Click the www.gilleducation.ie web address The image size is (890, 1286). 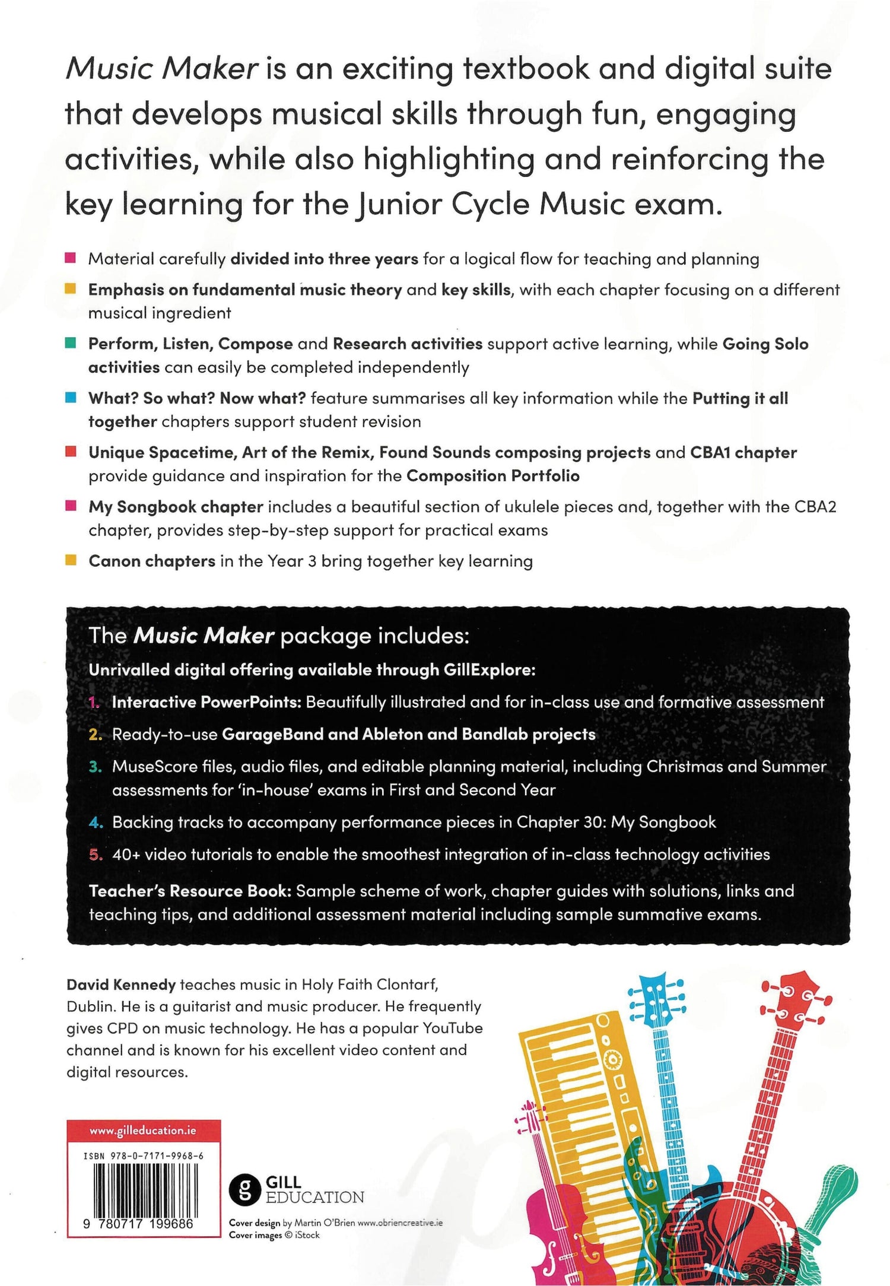click(x=142, y=1131)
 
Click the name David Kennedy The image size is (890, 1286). click(x=121, y=985)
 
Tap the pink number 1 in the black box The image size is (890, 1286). click(x=94, y=702)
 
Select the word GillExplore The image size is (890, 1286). click(x=489, y=670)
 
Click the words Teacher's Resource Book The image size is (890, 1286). click(x=190, y=891)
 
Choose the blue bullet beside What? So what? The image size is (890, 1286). click(x=71, y=398)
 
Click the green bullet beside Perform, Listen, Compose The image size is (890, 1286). click(x=71, y=344)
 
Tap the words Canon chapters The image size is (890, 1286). click(x=152, y=561)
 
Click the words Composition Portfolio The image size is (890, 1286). click(x=492, y=476)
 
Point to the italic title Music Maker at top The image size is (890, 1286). click(x=161, y=69)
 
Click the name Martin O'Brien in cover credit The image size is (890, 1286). click(x=325, y=1223)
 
